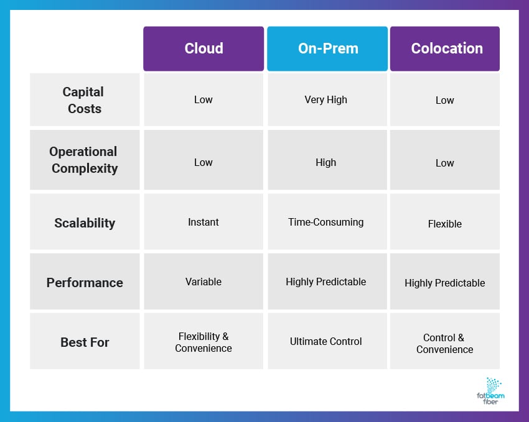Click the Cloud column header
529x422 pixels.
coord(204,48)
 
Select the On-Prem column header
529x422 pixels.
coord(327,48)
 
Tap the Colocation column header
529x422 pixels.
coord(445,48)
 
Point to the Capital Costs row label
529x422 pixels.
coord(85,100)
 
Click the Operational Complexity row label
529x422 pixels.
coord(85,160)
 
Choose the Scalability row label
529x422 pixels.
coord(85,222)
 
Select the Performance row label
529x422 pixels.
coord(85,282)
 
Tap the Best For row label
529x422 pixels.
coord(85,342)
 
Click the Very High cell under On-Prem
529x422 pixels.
coord(326,99)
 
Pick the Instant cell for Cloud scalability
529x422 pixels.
coord(204,222)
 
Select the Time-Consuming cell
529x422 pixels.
coord(326,222)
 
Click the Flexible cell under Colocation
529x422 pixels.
coord(445,224)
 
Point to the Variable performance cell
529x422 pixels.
coord(204,282)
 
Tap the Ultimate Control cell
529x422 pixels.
coord(326,341)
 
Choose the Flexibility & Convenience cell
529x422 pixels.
coord(204,342)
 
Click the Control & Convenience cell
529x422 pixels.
coord(445,343)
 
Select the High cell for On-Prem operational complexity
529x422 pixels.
coord(326,162)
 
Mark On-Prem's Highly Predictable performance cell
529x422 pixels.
coord(326,282)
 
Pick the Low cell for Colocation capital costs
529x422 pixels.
coord(445,100)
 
